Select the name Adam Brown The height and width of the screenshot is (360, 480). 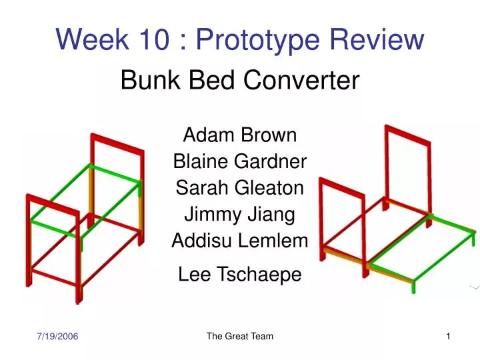(240, 135)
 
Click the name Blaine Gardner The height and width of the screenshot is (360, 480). (240, 162)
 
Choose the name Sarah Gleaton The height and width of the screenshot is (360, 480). (240, 189)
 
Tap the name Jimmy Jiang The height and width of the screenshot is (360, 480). (240, 215)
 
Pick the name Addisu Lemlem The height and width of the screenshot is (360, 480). (240, 241)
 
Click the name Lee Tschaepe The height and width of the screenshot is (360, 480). (240, 274)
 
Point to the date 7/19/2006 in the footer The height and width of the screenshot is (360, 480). (57, 337)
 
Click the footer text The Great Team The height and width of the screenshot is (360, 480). (240, 337)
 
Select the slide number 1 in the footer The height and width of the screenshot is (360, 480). (449, 337)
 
